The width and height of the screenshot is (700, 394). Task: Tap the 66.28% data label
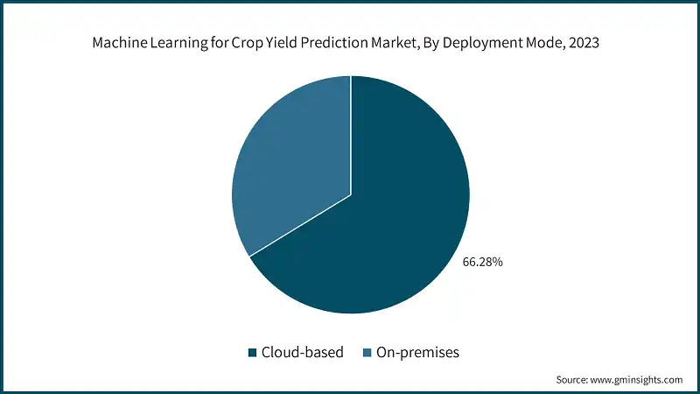[x=483, y=262]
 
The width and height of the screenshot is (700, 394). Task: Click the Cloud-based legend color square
[x=252, y=353]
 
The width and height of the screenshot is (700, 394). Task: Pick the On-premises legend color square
[x=367, y=353]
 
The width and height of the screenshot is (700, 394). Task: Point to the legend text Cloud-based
[x=303, y=353]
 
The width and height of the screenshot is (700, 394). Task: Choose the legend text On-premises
[x=418, y=353]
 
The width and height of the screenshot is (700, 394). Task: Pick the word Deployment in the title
[x=482, y=44]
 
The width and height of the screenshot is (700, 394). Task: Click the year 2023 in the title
[x=584, y=43]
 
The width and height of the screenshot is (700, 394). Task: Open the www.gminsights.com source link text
[x=637, y=380]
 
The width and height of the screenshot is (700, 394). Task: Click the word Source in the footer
[x=572, y=380]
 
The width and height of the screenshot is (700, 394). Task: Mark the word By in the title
[x=430, y=44]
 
